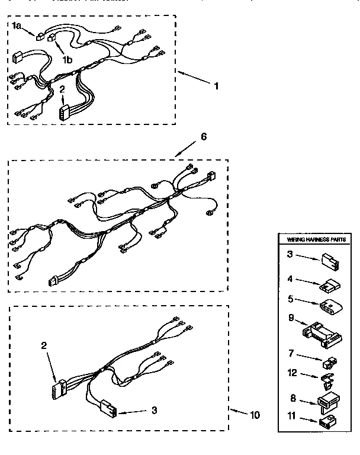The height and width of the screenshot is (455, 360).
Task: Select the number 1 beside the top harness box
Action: point(216,86)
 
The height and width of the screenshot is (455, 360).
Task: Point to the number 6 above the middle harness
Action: point(203,136)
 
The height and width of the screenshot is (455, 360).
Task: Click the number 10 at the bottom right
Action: point(254,415)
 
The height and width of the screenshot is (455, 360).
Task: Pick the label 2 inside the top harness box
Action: point(62,89)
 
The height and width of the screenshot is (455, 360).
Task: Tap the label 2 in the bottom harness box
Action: point(43,345)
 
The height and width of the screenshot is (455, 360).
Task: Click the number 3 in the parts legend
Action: point(291,255)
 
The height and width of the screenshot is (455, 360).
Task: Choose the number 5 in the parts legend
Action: point(291,300)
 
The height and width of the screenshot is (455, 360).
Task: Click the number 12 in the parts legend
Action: point(291,373)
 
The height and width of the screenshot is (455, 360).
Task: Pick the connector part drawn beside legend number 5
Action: point(327,305)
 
